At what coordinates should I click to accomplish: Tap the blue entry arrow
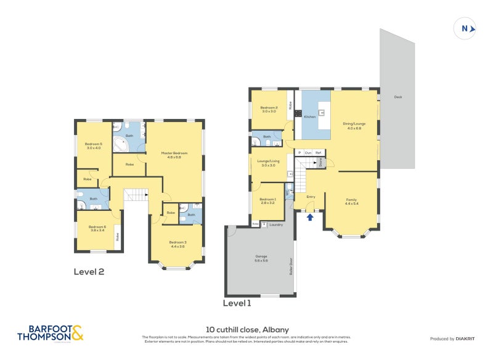coord(310,216)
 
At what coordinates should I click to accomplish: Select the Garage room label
coord(261,258)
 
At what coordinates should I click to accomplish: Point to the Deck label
coord(397,97)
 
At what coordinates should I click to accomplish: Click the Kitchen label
coord(309,117)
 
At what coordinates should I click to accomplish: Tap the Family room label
coord(351,201)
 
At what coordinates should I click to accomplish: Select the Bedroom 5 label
coord(93,145)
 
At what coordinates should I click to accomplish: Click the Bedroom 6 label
coord(97,228)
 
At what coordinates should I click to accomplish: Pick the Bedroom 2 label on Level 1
coord(269,110)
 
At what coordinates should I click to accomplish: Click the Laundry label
coord(276,224)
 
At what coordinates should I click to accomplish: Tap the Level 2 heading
coord(89,271)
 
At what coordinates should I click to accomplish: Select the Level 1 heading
coord(237,303)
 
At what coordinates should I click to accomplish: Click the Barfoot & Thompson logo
coord(50,333)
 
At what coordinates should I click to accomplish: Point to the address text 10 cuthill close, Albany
coord(246,330)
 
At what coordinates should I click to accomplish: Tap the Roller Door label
coord(291,267)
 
